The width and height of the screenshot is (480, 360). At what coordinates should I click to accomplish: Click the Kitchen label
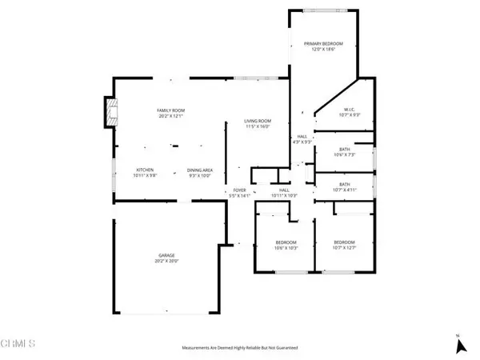(144, 170)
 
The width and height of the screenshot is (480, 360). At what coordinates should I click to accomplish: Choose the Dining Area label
(199, 170)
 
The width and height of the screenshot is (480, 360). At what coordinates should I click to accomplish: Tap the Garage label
(166, 255)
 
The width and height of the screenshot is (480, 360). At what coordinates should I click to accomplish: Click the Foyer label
(239, 190)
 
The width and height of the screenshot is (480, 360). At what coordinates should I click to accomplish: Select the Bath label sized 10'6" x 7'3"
(345, 150)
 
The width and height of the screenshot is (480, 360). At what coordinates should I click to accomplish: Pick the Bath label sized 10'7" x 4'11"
(345, 185)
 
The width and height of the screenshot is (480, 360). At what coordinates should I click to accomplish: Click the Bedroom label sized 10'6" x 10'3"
(286, 242)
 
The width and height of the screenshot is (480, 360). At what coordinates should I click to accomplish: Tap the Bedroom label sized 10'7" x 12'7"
(344, 242)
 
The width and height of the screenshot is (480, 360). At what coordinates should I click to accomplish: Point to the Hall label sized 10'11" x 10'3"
(284, 190)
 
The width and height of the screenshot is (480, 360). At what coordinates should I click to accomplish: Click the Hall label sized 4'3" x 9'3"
(302, 137)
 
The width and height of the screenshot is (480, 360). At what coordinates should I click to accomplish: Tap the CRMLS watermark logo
(18, 344)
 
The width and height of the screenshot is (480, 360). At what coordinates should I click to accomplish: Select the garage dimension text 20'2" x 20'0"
(166, 260)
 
